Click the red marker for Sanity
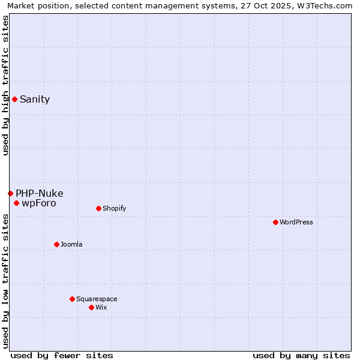14,99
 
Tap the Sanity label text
35,100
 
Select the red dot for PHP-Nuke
10,193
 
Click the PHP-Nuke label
40,193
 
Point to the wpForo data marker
16,203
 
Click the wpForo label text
39,203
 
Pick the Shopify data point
98,208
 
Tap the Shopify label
114,209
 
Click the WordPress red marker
275,222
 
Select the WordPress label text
296,223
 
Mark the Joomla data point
56,244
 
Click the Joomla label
71,245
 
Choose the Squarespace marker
72,299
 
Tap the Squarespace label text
97,299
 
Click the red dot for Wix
91,307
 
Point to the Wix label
101,308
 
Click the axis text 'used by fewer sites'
62,355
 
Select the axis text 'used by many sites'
301,355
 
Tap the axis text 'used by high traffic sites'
5,85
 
